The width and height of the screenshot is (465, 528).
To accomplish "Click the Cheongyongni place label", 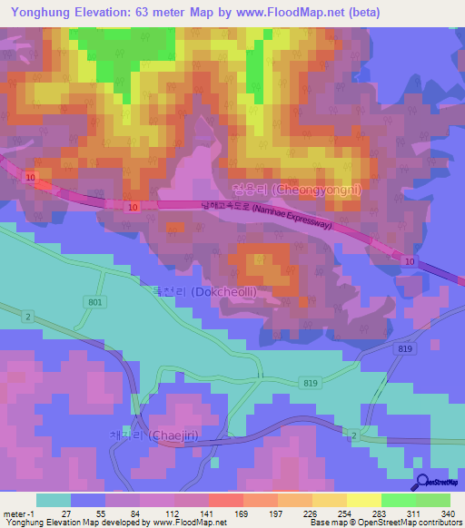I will [x=284, y=191].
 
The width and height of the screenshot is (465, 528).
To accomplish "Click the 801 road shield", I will [x=96, y=302].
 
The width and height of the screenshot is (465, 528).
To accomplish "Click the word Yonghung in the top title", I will [x=42, y=12].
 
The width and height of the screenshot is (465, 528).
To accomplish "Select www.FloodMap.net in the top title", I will [x=280, y=12].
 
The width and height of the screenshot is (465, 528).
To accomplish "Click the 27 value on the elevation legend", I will [x=65, y=513].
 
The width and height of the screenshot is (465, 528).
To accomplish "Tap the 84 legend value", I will [x=134, y=513].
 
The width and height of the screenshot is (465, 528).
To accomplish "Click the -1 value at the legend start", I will [x=32, y=513].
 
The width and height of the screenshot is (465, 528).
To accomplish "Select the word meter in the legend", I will [x=15, y=513].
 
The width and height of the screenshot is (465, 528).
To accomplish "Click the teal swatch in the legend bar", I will [x=54, y=500].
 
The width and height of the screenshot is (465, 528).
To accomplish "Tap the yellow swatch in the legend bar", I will [x=364, y=500].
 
